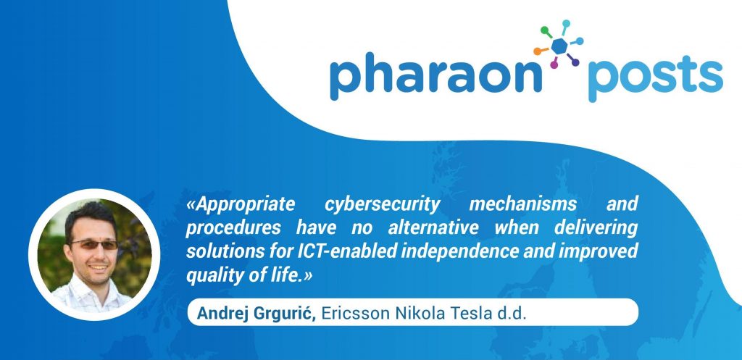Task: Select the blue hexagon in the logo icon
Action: pyautogui.click(x=560, y=46)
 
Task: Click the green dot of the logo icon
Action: pyautogui.click(x=545, y=30)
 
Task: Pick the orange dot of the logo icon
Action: pyautogui.click(x=537, y=51)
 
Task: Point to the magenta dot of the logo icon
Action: pyautogui.click(x=554, y=64)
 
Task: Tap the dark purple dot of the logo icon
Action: pyautogui.click(x=575, y=62)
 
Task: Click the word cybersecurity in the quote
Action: pyautogui.click(x=383, y=205)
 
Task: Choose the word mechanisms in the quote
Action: pyautogui.click(x=523, y=204)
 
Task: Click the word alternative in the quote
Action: pyautogui.click(x=433, y=227)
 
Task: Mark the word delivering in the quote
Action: pyautogui.click(x=590, y=228)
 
